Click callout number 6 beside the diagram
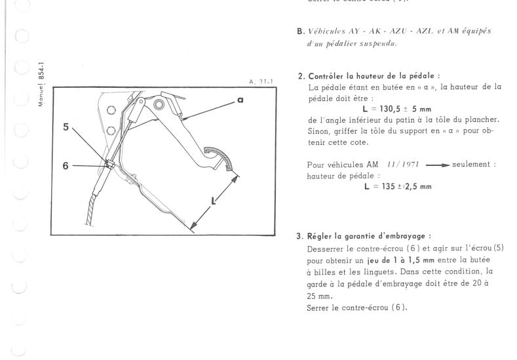point(65,167)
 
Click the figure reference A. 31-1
point(261,83)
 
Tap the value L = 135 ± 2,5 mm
point(385,187)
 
